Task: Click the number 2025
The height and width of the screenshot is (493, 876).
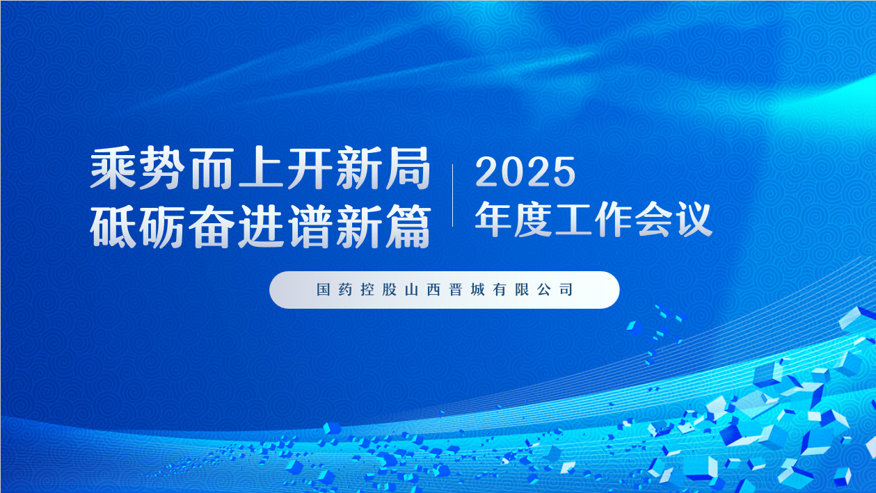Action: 525,172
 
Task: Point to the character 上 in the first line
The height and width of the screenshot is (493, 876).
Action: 260,168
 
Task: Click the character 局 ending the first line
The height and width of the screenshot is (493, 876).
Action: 408,168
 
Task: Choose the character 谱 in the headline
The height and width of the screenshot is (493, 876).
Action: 310,227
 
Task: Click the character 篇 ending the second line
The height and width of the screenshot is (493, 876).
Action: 408,227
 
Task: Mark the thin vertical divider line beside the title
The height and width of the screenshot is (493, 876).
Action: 452,195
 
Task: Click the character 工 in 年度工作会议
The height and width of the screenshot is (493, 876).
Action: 573,219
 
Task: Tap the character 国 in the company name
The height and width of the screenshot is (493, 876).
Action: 324,290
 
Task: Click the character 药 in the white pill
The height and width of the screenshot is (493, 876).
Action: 346,290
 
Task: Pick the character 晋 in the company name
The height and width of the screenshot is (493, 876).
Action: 456,290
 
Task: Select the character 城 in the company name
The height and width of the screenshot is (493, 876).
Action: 478,290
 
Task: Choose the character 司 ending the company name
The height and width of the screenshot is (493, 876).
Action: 566,290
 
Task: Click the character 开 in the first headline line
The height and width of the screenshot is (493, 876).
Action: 310,168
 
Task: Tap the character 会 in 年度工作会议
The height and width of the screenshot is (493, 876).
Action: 653,219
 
